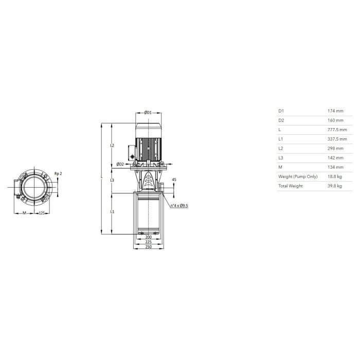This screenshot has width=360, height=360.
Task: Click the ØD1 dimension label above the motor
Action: coord(148,113)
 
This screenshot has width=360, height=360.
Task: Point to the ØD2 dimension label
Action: coord(120,164)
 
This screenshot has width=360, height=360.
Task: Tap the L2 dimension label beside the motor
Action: coord(112,146)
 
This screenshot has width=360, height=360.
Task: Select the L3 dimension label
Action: coord(112,180)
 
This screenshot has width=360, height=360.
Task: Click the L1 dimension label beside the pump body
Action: coord(112,212)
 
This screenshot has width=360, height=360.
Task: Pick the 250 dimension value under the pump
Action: coord(149,247)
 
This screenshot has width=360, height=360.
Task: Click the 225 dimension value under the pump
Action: coord(149,242)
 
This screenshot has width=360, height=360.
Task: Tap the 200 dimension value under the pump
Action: coord(149,237)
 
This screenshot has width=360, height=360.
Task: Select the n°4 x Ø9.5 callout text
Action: coord(179,206)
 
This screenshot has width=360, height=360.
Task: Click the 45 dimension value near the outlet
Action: coord(174,179)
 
